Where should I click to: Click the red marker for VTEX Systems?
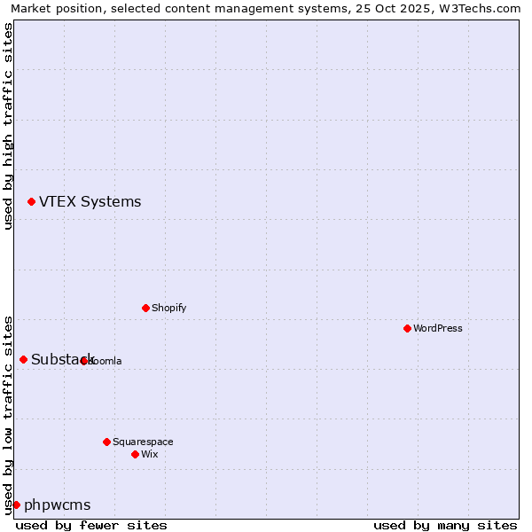(x=31, y=202)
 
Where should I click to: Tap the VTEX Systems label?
(x=90, y=202)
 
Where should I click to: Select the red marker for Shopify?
(x=145, y=308)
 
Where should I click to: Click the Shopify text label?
(x=168, y=308)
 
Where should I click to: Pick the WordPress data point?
(x=407, y=328)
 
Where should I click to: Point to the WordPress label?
(x=437, y=328)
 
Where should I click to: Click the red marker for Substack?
(x=23, y=359)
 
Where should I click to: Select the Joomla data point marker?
(x=83, y=361)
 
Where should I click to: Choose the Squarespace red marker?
(x=106, y=442)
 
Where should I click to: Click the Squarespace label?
(x=143, y=442)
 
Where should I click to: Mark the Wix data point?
(x=135, y=454)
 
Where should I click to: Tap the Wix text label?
(x=149, y=454)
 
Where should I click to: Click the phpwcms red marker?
(x=16, y=505)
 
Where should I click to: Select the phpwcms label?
(x=57, y=505)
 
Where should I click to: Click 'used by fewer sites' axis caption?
(x=91, y=525)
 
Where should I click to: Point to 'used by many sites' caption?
(x=445, y=525)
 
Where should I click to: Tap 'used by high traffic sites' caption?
(x=8, y=126)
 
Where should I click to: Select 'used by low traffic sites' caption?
(x=8, y=414)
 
